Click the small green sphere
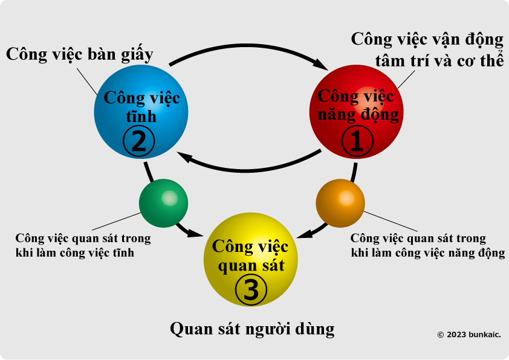163,203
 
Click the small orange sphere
340,203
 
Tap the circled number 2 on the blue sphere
139,141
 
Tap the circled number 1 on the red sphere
357,141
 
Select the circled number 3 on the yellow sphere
251,289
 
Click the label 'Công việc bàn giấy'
80,54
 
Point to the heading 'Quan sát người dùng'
252,329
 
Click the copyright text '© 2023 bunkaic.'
469,335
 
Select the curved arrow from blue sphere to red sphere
248,46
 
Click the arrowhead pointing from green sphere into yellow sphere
195,233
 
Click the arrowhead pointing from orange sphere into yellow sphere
305,234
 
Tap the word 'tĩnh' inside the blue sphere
141,117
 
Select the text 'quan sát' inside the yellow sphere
251,266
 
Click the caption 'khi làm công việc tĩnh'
75,252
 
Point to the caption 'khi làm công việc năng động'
428,253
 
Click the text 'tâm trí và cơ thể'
439,60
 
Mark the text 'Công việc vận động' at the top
427,40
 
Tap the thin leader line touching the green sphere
116,222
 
